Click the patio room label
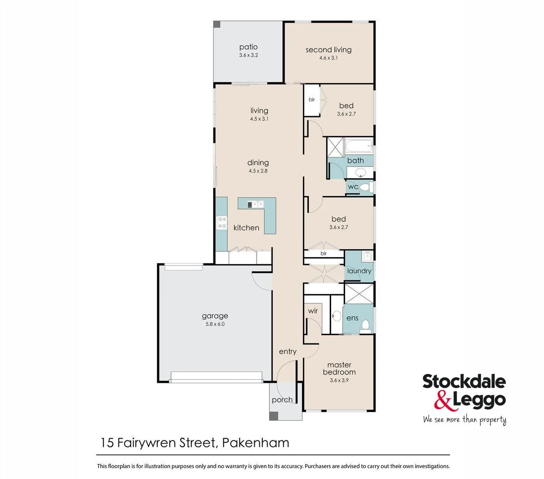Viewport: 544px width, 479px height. click(248, 47)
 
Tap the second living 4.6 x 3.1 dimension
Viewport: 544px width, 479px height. click(328, 58)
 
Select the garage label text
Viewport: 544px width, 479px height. click(215, 316)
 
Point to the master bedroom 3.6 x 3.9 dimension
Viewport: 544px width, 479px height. click(339, 381)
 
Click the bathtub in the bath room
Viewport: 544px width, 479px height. click(359, 146)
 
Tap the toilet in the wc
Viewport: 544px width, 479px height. click(369, 186)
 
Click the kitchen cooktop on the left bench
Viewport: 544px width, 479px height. click(222, 223)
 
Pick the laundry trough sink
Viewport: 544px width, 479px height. click(366, 257)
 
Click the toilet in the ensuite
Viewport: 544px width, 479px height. click(367, 325)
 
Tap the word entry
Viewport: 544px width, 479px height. click(287, 352)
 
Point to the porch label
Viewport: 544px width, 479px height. click(282, 400)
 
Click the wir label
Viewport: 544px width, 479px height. click(313, 311)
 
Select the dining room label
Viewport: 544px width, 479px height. click(258, 163)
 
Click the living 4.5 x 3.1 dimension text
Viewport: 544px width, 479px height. click(259, 119)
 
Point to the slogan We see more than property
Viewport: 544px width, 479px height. click(464, 420)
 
